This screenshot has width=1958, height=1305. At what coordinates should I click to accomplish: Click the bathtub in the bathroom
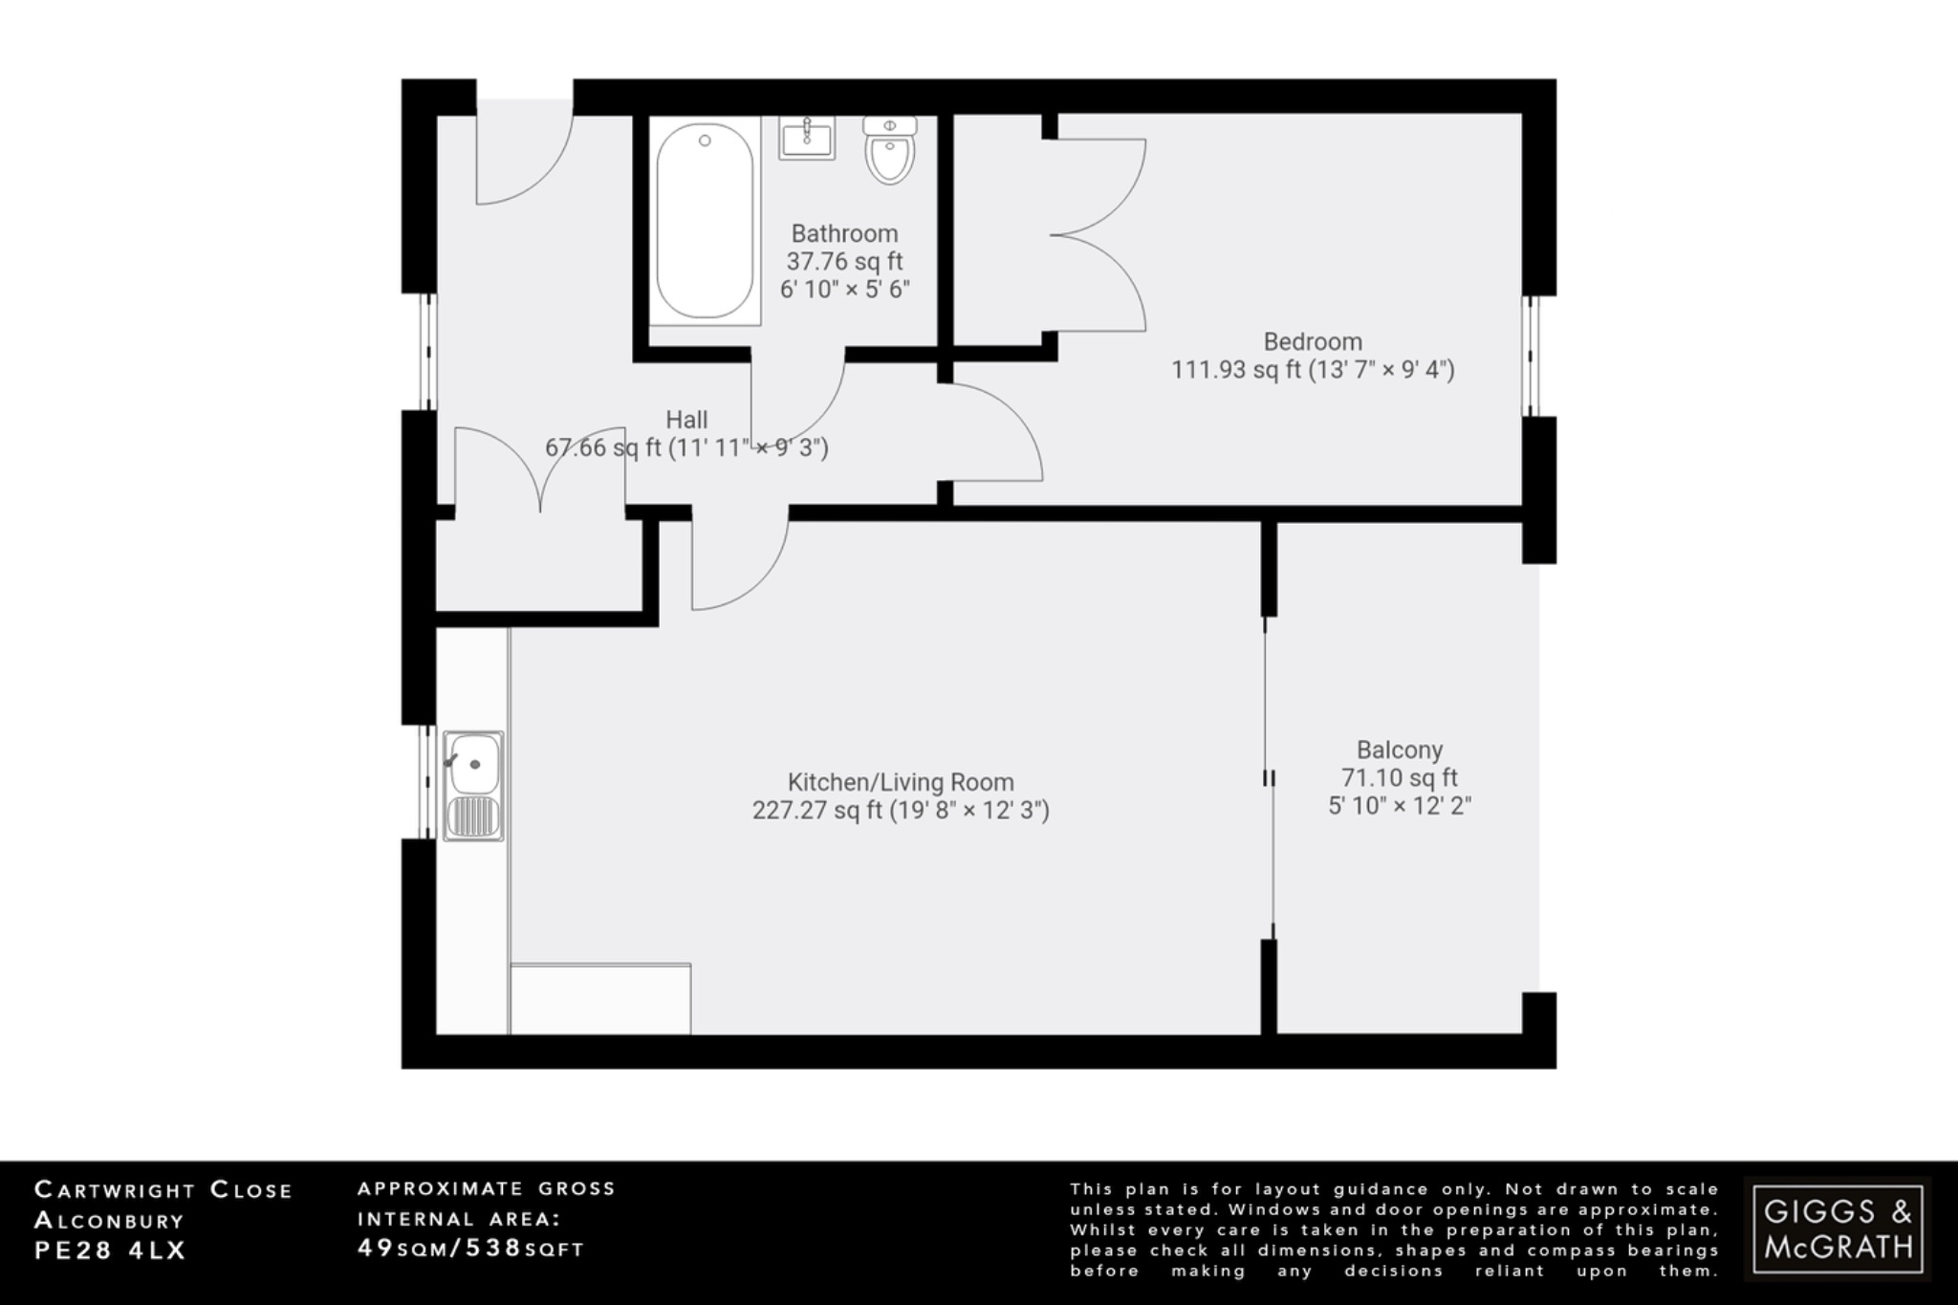[x=705, y=222]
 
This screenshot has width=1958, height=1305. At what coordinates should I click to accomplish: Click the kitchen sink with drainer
[x=473, y=786]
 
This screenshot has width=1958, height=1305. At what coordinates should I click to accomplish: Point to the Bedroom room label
[x=1312, y=341]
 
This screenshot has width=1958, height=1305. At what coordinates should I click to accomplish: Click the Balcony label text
[x=1399, y=750]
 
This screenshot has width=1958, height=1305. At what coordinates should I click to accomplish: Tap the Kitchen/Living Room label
[x=900, y=782]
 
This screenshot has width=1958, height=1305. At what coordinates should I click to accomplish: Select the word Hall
[x=686, y=420]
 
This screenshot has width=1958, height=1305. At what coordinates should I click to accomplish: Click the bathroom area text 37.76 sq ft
[x=844, y=261]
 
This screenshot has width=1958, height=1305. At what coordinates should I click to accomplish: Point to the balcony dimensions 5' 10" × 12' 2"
[x=1399, y=806]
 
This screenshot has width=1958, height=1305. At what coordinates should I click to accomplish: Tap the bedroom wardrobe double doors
[x=1099, y=235]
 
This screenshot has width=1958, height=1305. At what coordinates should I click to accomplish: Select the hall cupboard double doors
[x=540, y=468]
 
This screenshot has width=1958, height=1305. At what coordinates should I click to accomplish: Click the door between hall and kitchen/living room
[x=739, y=564]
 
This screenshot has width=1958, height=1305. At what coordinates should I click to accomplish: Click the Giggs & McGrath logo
[x=1838, y=1229]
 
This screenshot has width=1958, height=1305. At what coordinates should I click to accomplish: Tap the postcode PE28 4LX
[x=110, y=1250]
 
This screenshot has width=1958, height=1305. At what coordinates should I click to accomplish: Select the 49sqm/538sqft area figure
[x=470, y=1248]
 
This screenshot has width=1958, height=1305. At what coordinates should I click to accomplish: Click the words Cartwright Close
[x=163, y=1190]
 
